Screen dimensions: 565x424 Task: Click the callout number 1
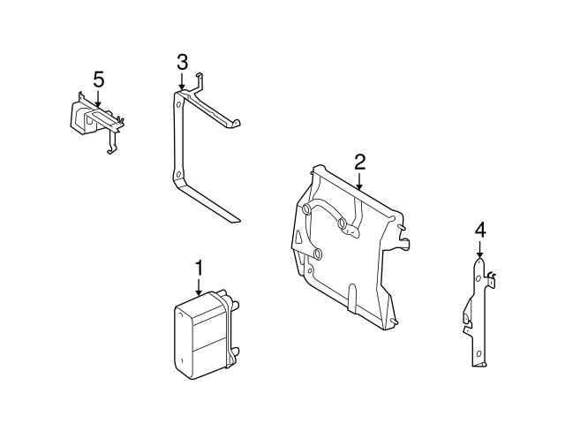[x=199, y=269]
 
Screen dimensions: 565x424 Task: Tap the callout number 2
[x=359, y=163]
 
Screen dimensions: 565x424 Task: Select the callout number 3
[x=183, y=63]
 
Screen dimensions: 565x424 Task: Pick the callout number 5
[x=98, y=79]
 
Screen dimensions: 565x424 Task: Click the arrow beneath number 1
[x=199, y=288]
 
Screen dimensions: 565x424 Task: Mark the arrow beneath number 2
[x=359, y=181]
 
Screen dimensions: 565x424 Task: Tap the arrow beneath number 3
[x=182, y=81]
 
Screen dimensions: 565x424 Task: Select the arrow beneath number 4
[x=479, y=249]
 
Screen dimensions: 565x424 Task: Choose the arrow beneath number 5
[x=98, y=98]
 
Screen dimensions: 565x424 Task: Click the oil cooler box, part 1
[x=206, y=336]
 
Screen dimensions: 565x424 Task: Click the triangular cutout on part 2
[x=298, y=237]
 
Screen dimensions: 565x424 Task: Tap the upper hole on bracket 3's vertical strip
[x=178, y=104]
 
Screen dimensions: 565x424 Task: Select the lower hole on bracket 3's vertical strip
[x=177, y=175]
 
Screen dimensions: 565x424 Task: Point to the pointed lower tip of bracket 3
[x=239, y=220]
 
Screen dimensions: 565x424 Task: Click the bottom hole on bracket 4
[x=478, y=353]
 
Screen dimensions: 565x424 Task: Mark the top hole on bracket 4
[x=478, y=279]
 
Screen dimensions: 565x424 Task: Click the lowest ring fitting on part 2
[x=317, y=254]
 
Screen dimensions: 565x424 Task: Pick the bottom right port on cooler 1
[x=235, y=352]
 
